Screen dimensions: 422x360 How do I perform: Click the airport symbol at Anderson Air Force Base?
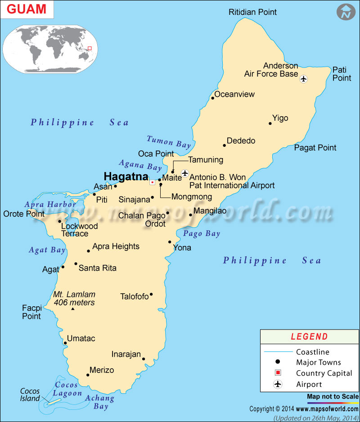(x=303, y=79)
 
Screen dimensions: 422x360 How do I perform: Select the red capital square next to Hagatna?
(x=153, y=182)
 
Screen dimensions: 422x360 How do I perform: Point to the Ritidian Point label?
(x=253, y=12)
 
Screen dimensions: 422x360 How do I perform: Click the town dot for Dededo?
(x=224, y=145)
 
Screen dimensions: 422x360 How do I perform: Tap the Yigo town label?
(x=280, y=118)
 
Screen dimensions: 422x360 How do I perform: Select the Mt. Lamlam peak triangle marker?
(x=73, y=309)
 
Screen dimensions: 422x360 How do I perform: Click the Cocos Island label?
(x=30, y=395)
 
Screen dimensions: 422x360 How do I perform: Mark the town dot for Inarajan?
(x=144, y=359)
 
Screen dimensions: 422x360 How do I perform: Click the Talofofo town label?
(x=134, y=296)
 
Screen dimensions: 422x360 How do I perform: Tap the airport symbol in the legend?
(x=278, y=384)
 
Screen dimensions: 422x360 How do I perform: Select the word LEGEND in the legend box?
(x=309, y=336)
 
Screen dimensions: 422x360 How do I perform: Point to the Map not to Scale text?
(x=333, y=397)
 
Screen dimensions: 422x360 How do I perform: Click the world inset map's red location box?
(x=90, y=48)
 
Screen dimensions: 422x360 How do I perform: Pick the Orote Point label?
(x=24, y=214)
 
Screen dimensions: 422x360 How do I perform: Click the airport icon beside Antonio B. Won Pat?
(x=184, y=173)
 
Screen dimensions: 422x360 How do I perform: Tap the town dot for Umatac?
(x=65, y=343)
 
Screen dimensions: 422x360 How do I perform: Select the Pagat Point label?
(x=315, y=148)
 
